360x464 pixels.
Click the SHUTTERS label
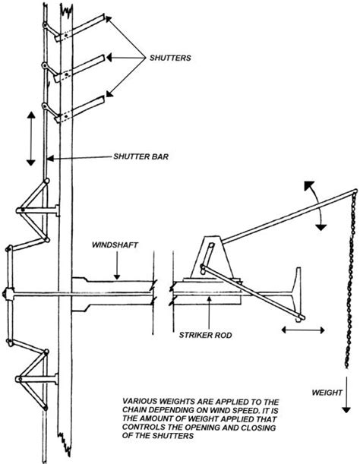pos(170,58)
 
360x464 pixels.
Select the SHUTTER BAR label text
pos(141,156)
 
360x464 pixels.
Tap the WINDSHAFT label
pos(115,245)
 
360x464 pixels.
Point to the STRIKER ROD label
pos(205,335)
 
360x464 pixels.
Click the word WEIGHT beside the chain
pos(327,393)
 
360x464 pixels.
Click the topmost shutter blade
pos(80,27)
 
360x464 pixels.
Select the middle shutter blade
pos(79,68)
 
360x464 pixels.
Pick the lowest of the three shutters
pos(79,109)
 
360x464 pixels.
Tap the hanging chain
pos(349,281)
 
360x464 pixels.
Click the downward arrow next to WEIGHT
pos(346,394)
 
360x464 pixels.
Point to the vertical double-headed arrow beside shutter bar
pos(31,138)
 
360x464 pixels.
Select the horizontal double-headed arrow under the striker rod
pos(303,330)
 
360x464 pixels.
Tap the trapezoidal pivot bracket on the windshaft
pos(212,257)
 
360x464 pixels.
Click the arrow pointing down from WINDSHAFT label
pos(117,266)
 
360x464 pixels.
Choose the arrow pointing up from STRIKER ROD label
pos(209,311)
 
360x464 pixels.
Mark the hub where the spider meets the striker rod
pos(9,294)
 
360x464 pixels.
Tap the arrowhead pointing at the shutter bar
pos(50,159)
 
